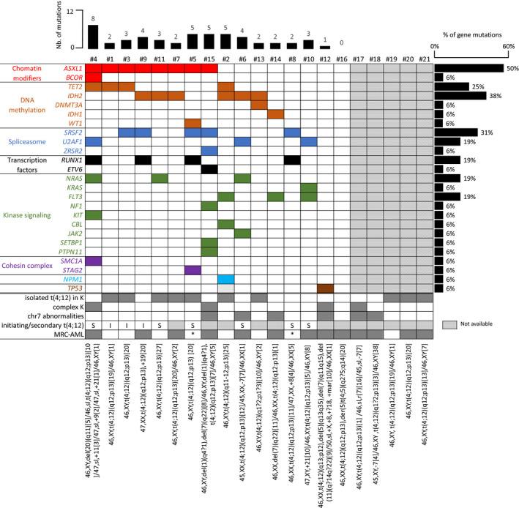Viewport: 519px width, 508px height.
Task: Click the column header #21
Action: tap(424, 57)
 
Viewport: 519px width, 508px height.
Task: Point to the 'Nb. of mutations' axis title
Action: tap(10, 29)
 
